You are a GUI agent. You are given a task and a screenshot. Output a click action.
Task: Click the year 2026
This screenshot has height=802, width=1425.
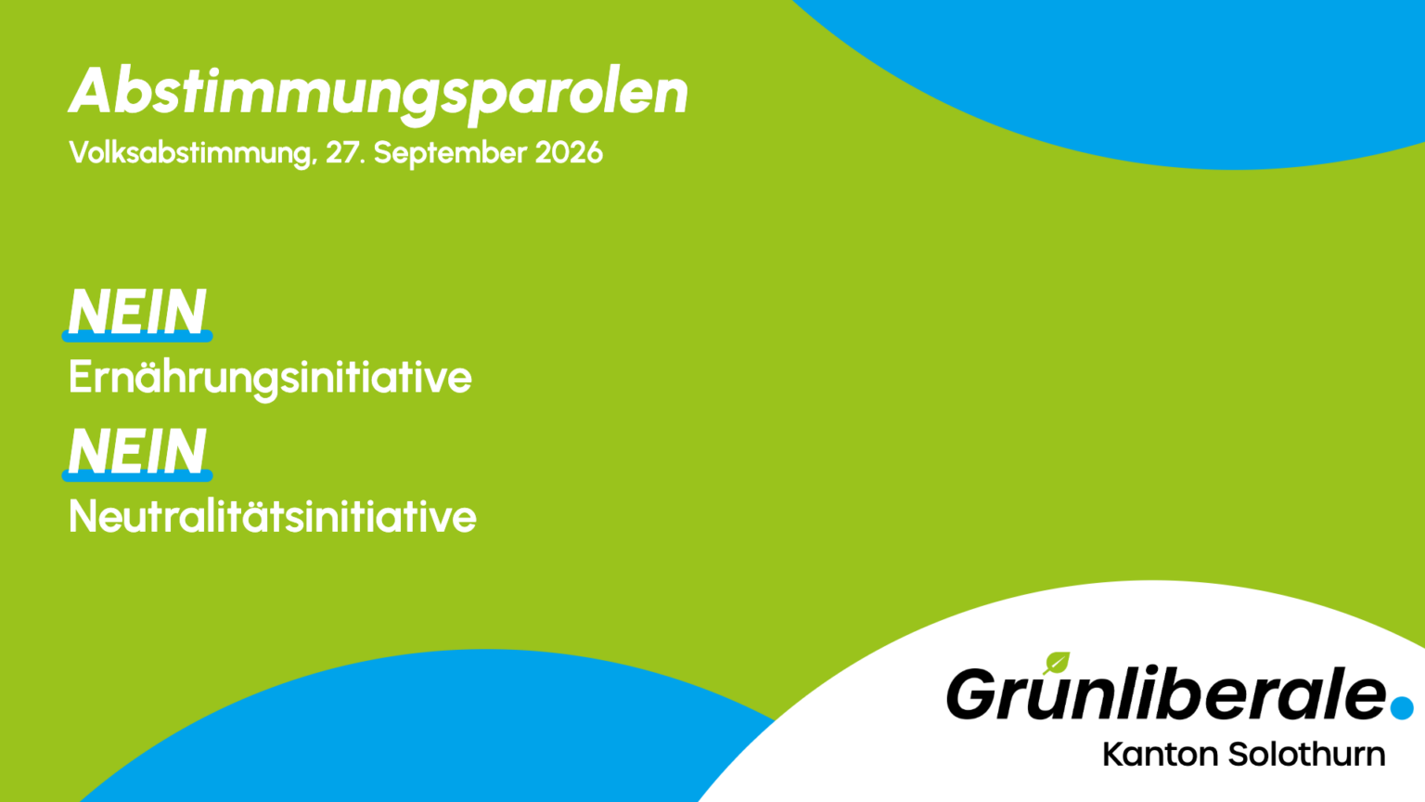(x=569, y=153)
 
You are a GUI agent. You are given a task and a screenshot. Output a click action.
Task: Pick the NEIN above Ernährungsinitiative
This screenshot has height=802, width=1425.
(x=137, y=311)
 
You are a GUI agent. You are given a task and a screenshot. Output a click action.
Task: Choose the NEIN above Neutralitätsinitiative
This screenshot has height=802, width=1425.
(x=137, y=450)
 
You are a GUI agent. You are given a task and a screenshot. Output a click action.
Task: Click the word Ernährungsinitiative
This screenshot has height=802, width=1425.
(x=270, y=379)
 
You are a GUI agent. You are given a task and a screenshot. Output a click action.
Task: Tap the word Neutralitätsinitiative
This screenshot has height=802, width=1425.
(x=272, y=515)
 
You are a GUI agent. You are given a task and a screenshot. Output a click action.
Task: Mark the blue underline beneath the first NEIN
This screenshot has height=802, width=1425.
(x=137, y=336)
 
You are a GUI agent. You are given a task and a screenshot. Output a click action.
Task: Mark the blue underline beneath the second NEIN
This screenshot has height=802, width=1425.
(x=137, y=475)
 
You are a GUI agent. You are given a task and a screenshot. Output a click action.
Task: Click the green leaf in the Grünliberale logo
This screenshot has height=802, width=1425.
(x=1057, y=663)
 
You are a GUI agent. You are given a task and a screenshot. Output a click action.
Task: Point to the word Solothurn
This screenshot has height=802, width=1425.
(x=1306, y=755)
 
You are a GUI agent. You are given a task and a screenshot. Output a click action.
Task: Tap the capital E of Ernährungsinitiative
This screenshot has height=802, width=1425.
(x=80, y=377)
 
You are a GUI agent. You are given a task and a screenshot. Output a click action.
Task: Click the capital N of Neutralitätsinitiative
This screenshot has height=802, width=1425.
(x=83, y=515)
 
